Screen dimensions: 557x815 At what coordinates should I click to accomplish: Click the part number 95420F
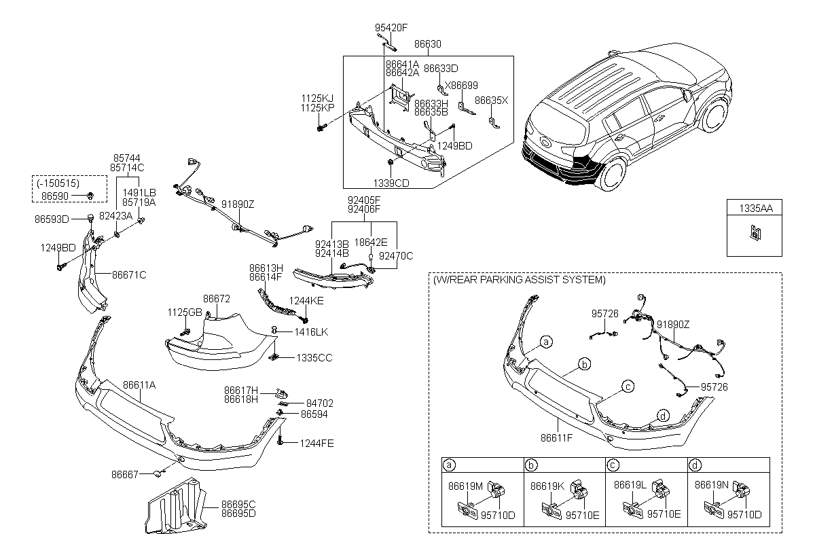coord(391,29)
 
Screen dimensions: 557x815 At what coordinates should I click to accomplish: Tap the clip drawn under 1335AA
coord(753,232)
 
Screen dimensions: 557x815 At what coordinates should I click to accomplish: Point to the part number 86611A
coord(139,384)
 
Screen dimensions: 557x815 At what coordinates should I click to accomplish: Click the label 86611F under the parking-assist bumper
coord(556,438)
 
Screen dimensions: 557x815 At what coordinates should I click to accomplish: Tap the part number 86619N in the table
coord(710,486)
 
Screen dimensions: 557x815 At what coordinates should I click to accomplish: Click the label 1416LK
coord(311,332)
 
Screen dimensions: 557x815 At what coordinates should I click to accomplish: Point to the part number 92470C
coord(395,256)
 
